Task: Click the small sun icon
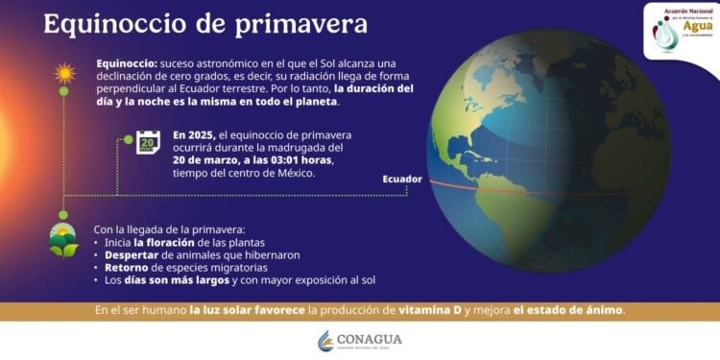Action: [x=64, y=73]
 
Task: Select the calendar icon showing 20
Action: [x=149, y=142]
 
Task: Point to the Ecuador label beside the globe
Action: [x=401, y=180]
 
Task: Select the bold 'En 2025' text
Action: [x=196, y=135]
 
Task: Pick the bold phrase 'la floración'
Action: [x=170, y=243]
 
